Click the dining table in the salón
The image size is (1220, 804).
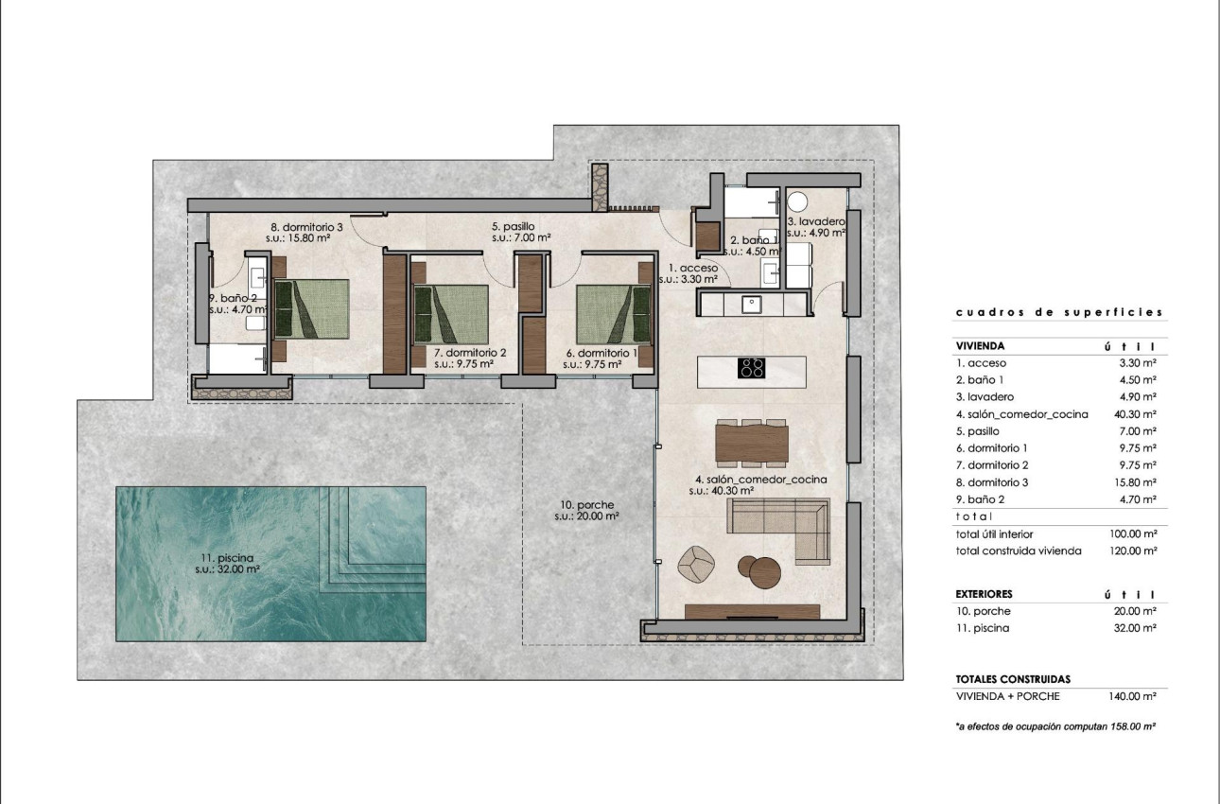coord(752,443)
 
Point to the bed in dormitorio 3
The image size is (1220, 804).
coord(311,308)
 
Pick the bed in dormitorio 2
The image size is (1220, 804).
coord(451,313)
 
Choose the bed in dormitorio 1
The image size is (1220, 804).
coord(615,313)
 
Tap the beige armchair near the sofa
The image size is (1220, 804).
coord(699,565)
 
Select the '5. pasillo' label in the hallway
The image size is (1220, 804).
coord(514,227)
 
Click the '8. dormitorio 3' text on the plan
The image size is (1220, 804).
coord(306,227)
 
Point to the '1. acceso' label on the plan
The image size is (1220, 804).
coord(693,268)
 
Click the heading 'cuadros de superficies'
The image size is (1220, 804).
coord(1058,312)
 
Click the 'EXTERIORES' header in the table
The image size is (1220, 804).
coord(985,594)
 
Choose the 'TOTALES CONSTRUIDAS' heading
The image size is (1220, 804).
coord(1014,679)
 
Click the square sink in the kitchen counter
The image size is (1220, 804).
coord(753,304)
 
